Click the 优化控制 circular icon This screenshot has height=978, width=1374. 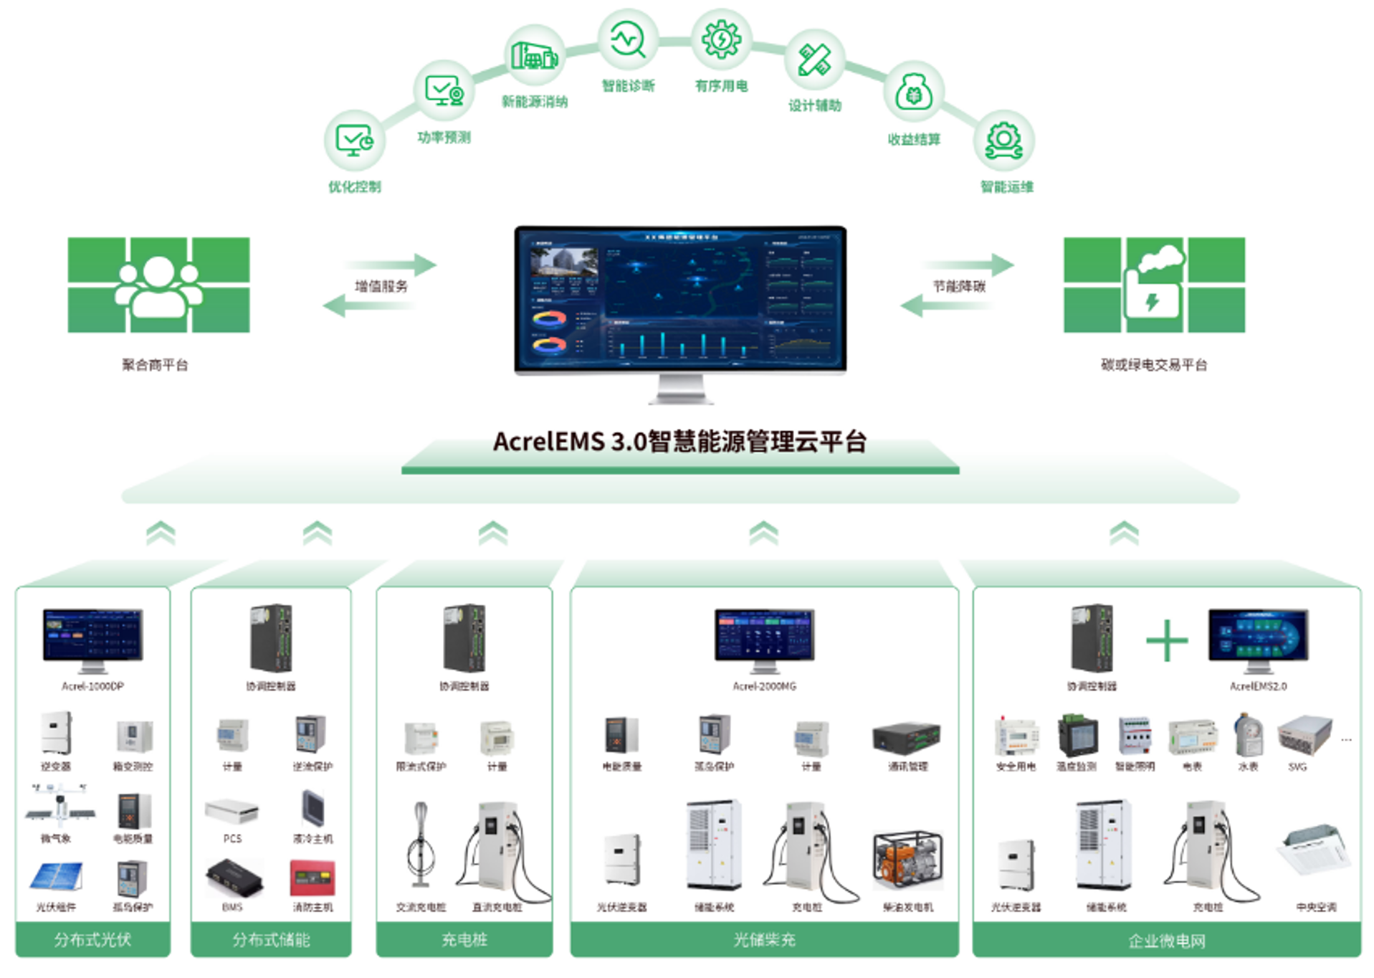[x=354, y=140]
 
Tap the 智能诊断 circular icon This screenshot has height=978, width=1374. [x=628, y=39]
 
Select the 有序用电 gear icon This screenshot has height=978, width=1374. [x=721, y=39]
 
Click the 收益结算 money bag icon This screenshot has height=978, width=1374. [x=913, y=92]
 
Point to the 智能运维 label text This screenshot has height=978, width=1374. [x=1006, y=187]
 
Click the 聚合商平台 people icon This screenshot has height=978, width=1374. [x=158, y=285]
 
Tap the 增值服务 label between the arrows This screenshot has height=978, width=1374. [x=381, y=286]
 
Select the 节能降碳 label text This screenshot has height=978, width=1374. [x=958, y=286]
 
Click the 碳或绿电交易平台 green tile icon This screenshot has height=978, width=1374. [x=1154, y=285]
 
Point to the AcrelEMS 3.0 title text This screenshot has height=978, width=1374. [x=679, y=441]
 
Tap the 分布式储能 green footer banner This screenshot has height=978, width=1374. [x=271, y=939]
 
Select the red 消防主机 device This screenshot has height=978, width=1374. [x=312, y=878]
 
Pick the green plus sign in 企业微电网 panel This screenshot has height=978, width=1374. [x=1166, y=640]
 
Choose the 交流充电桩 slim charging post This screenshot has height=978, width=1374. [x=421, y=846]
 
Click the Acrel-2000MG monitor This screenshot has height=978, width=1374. [x=764, y=636]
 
